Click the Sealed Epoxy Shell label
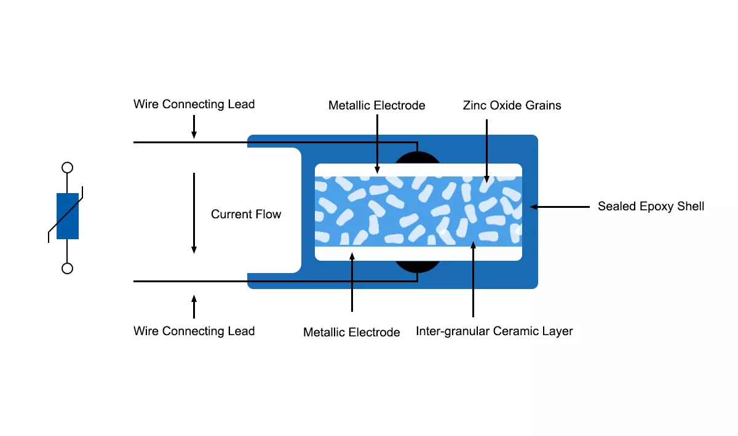pyautogui.click(x=651, y=207)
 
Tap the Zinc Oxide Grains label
pyautogui.click(x=512, y=105)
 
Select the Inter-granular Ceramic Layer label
pyautogui.click(x=494, y=331)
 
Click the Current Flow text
pyautogui.click(x=246, y=214)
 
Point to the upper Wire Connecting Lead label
pyautogui.click(x=194, y=104)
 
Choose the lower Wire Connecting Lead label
pyautogui.click(x=194, y=331)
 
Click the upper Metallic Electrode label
pyautogui.click(x=376, y=105)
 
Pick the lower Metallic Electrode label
pyautogui.click(x=351, y=333)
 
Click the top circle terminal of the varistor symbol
pyautogui.click(x=68, y=167)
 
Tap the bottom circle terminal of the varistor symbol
pyautogui.click(x=68, y=268)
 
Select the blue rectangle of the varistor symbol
pyautogui.click(x=68, y=216)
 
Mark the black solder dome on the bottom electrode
pyautogui.click(x=418, y=266)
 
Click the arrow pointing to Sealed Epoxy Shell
pyautogui.click(x=560, y=207)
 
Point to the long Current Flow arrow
pyautogui.click(x=194, y=213)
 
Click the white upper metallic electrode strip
pyautogui.click(x=418, y=170)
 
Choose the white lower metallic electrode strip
pyautogui.click(x=418, y=253)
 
